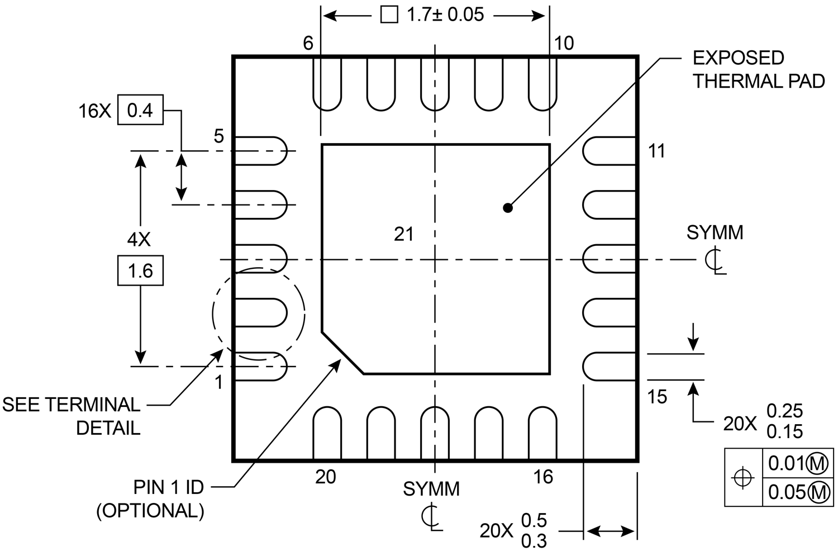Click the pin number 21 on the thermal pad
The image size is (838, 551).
403,234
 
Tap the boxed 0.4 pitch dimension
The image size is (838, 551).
140,110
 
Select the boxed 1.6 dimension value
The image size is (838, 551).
140,271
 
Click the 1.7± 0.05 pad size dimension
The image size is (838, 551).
445,15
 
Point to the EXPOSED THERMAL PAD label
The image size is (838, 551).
758,70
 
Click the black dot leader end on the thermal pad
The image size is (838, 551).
507,208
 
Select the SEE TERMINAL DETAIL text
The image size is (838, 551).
71,416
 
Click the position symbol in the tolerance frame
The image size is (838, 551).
743,478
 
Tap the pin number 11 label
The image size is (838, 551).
656,151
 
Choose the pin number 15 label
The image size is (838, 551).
657,397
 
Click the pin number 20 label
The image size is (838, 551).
325,477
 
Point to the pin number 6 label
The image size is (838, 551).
308,43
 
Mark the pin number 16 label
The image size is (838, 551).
542,477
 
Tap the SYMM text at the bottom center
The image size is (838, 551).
431,489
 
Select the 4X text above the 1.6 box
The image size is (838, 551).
139,240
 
